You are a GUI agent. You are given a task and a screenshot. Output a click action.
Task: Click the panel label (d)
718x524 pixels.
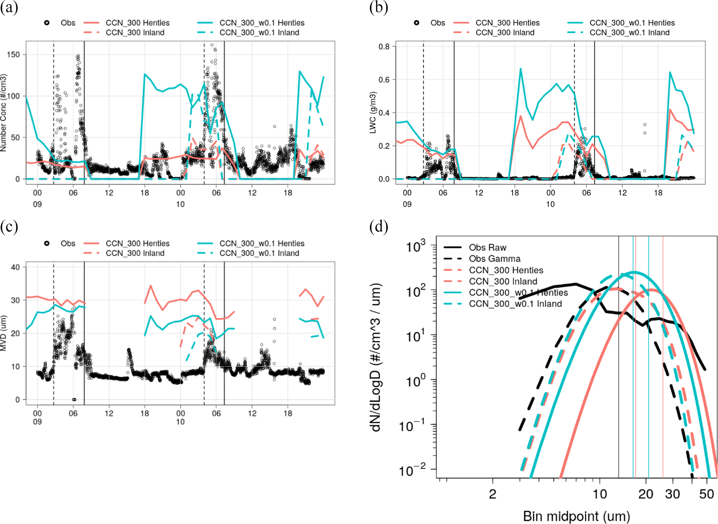(378, 227)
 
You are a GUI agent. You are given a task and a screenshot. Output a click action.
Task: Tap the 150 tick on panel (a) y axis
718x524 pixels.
(13, 55)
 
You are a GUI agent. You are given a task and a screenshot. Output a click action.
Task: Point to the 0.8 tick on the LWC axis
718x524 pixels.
(384, 47)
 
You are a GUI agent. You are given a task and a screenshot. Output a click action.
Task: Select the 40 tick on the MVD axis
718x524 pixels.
(15, 267)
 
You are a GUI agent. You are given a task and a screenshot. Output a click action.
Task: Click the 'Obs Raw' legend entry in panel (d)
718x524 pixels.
(487, 248)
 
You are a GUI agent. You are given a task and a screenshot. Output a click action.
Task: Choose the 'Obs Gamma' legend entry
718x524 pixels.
(494, 259)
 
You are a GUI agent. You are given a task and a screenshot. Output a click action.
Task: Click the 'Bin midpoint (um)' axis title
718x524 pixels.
(576, 516)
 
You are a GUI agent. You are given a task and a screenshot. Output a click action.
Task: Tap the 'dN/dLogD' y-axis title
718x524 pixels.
(376, 358)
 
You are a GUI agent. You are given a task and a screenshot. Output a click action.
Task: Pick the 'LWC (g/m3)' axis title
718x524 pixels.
(373, 113)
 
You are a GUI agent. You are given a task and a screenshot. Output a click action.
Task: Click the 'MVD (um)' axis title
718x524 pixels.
(3, 333)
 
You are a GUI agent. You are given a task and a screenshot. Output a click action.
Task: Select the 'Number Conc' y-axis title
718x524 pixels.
(3, 113)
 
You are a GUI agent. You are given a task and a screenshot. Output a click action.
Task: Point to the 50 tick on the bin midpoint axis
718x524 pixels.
(706, 494)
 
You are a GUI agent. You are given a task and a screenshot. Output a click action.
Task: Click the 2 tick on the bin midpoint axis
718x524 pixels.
(493, 494)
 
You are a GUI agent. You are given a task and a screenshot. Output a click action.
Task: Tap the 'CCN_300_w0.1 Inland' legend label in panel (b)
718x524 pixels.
(629, 33)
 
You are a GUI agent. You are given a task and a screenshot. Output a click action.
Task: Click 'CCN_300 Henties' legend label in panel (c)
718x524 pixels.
(138, 243)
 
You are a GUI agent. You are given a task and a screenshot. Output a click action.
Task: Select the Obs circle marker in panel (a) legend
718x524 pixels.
(47, 23)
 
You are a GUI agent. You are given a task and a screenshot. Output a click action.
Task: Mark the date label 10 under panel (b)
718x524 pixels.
(550, 204)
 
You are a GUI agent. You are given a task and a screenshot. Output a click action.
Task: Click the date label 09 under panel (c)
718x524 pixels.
(37, 422)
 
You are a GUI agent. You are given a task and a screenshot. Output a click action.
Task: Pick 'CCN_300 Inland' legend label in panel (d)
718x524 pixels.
(503, 281)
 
